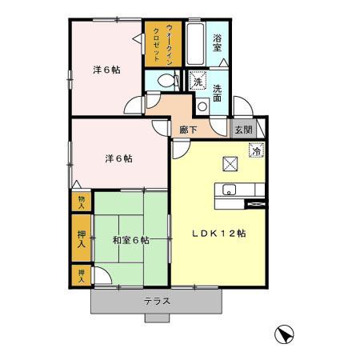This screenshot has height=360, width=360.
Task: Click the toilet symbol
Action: click(x=166, y=81)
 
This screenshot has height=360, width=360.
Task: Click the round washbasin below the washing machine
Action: click(x=202, y=104)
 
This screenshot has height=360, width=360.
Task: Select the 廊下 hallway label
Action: click(x=188, y=128)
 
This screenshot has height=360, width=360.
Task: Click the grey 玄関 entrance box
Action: click(x=242, y=128)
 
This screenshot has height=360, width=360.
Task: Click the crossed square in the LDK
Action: click(x=230, y=164)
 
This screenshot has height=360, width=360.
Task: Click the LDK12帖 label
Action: click(x=218, y=233)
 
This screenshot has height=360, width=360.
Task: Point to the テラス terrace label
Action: click(x=157, y=302)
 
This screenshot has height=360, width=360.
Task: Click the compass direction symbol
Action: click(x=284, y=333)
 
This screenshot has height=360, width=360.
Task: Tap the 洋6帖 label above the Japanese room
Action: click(x=118, y=158)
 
